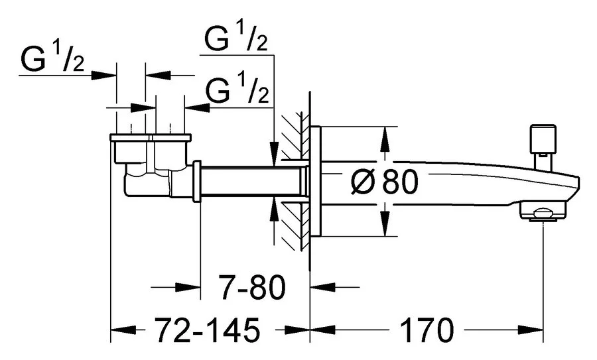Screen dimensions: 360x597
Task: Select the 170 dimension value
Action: point(426,329)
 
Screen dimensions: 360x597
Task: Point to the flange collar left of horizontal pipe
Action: point(197,181)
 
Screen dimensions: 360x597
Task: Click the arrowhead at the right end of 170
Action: point(535,329)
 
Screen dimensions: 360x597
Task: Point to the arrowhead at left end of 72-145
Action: point(119,329)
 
